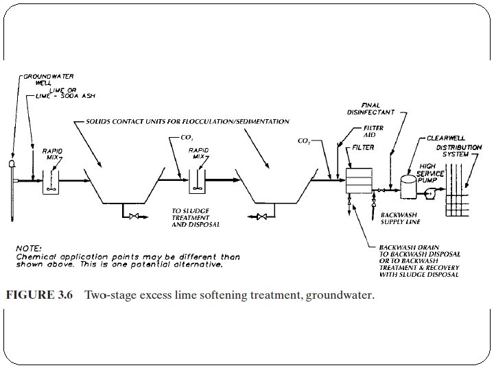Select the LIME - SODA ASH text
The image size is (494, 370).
pos(67,97)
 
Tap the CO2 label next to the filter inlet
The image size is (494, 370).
pos(304,140)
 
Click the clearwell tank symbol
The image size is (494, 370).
pos(410,186)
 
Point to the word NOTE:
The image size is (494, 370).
pos(27,247)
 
